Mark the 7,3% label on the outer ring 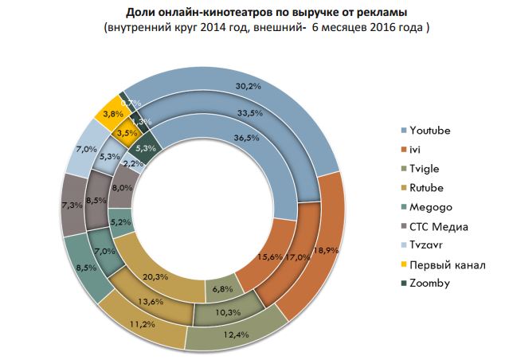pyautogui.click(x=74, y=205)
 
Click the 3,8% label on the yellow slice pyautogui.click(x=112, y=114)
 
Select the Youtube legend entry pyautogui.click(x=434, y=130)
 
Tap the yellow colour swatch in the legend pyautogui.click(x=405, y=265)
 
